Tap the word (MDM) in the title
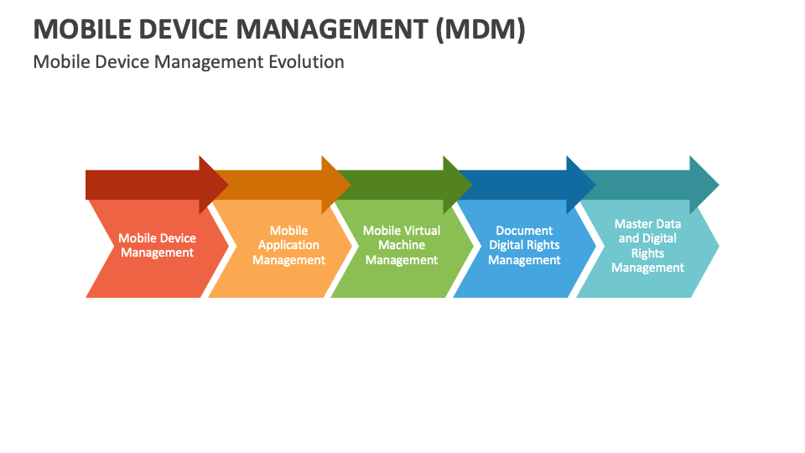(480, 29)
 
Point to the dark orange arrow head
(336, 185)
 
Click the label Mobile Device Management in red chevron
(157, 246)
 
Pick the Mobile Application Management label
(289, 246)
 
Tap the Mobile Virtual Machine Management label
(402, 246)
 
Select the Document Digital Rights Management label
(524, 246)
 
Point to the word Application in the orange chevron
(288, 246)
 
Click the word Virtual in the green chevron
(421, 231)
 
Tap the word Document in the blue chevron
(524, 231)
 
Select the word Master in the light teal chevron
(631, 224)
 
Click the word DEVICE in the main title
(184, 29)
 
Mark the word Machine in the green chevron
(402, 245)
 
